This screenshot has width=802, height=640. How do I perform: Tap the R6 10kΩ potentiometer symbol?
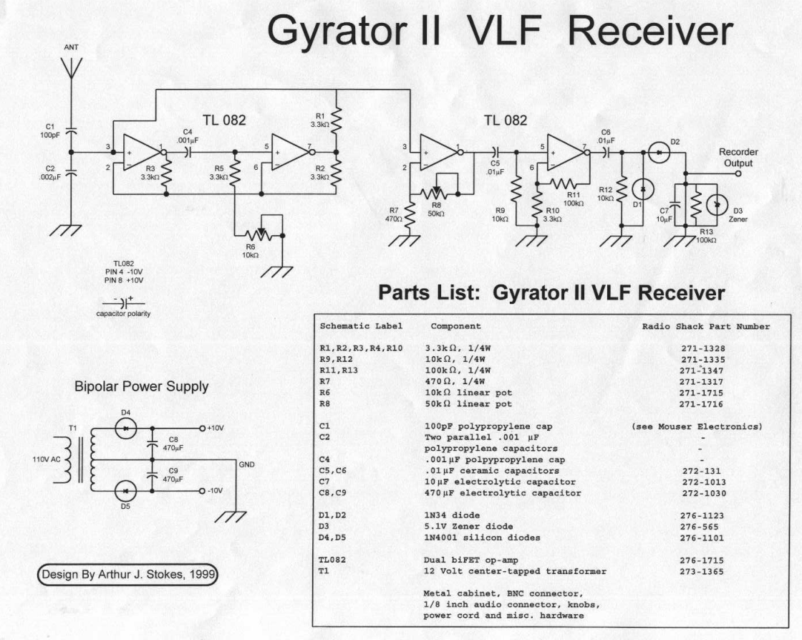pos(260,234)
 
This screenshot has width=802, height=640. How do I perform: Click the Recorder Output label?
pos(738,158)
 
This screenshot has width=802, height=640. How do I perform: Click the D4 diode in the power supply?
pos(126,428)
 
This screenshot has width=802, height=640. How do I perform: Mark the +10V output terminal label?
pos(216,428)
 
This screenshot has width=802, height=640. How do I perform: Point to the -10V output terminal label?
pos(216,491)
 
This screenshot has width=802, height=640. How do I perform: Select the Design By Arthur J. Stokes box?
pos(128,574)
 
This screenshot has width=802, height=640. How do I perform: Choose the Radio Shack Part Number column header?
pos(705,327)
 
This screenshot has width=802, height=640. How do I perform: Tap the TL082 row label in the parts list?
pos(334,560)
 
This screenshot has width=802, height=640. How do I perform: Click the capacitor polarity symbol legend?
pos(124,304)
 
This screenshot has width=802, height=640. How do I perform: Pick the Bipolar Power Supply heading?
pos(141,386)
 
